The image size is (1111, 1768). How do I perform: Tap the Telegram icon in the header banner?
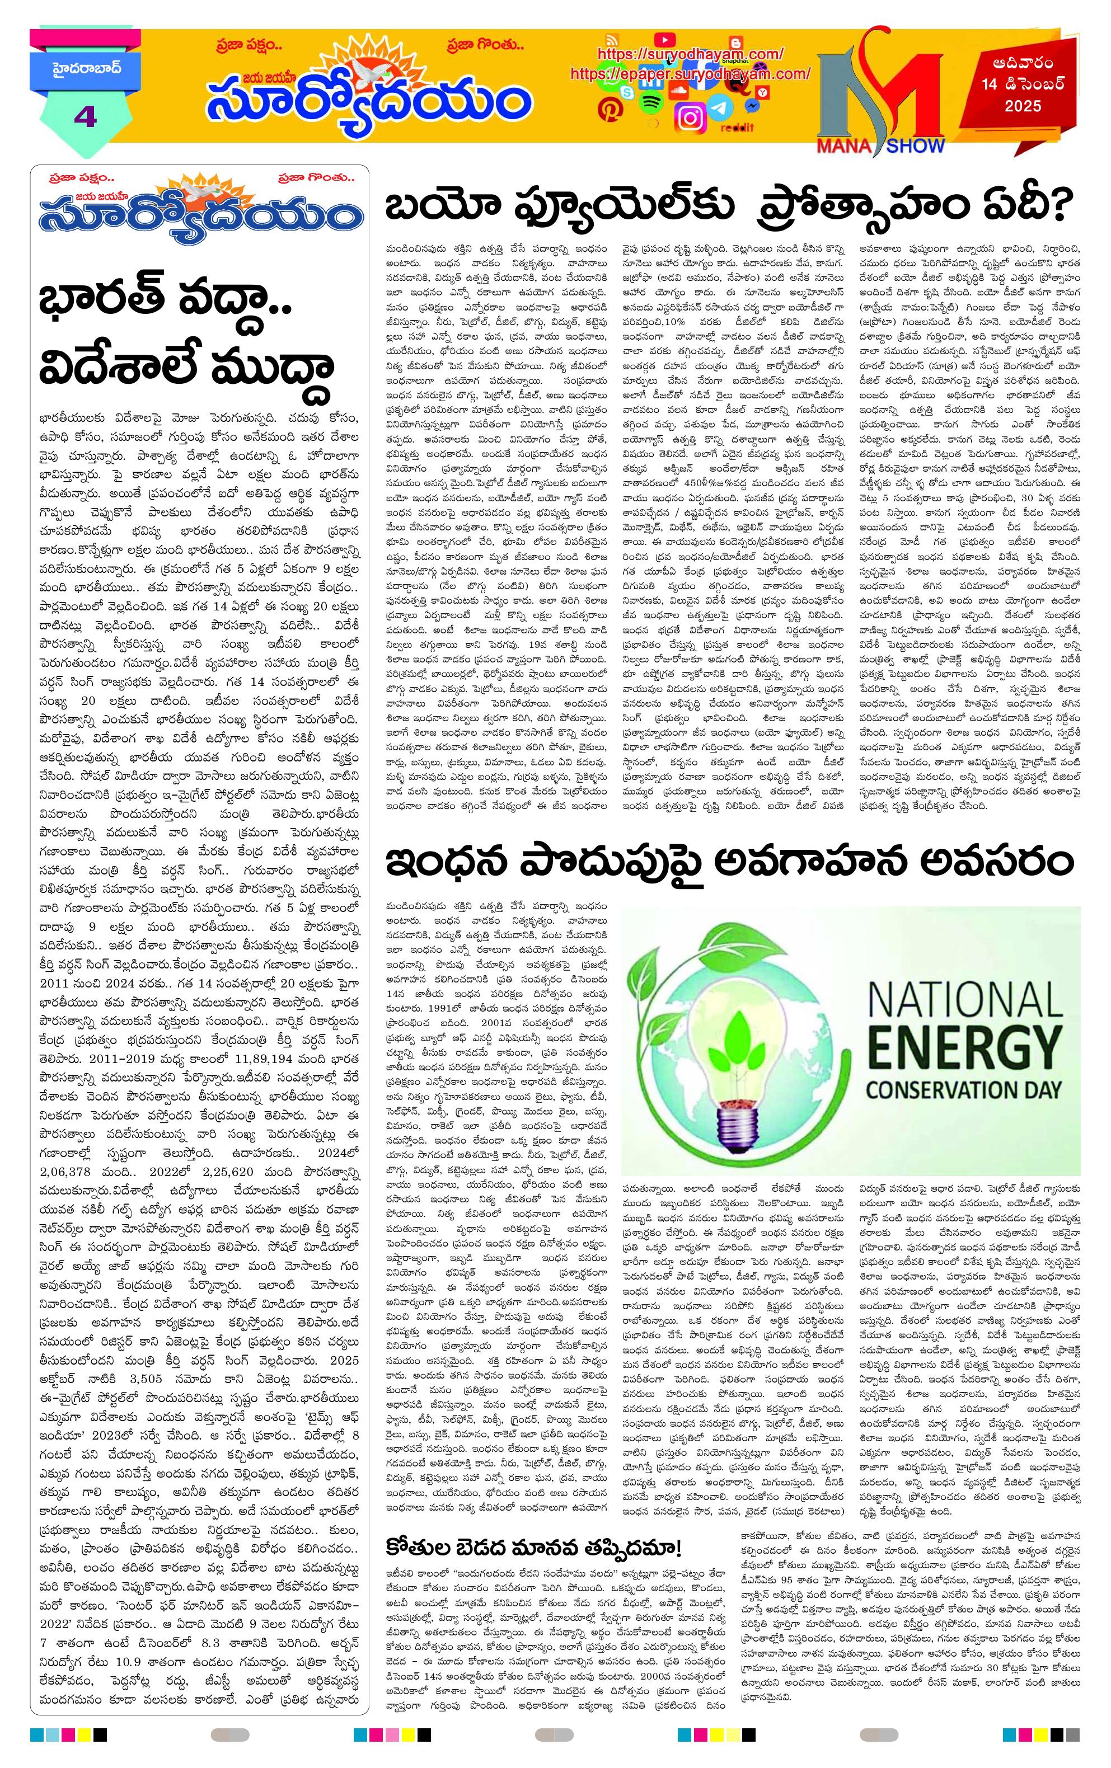point(723,109)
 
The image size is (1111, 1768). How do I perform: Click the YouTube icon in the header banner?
point(664,39)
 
